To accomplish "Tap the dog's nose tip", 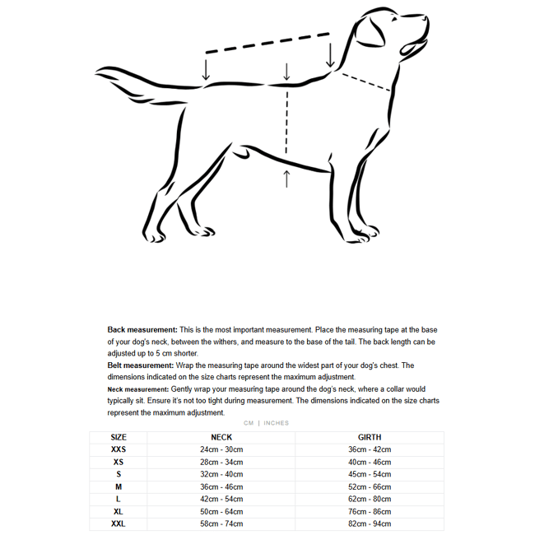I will point(426,18).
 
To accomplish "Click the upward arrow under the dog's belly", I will point(286,178).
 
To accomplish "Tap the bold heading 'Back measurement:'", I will point(142,329).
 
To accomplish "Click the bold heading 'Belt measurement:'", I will point(141,365).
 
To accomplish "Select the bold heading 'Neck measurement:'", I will point(138,389).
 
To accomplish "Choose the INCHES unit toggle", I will point(277,423).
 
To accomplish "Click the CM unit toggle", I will point(249,423).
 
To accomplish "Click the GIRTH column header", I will point(370,437).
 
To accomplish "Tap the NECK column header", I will point(221,437).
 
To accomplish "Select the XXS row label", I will point(119,449).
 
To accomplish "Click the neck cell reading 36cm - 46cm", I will point(221,486).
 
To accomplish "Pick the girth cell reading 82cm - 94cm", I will point(370,523).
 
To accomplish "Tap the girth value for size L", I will point(370,499).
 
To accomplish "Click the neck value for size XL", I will point(221,511).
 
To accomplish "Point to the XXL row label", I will point(119,523).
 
